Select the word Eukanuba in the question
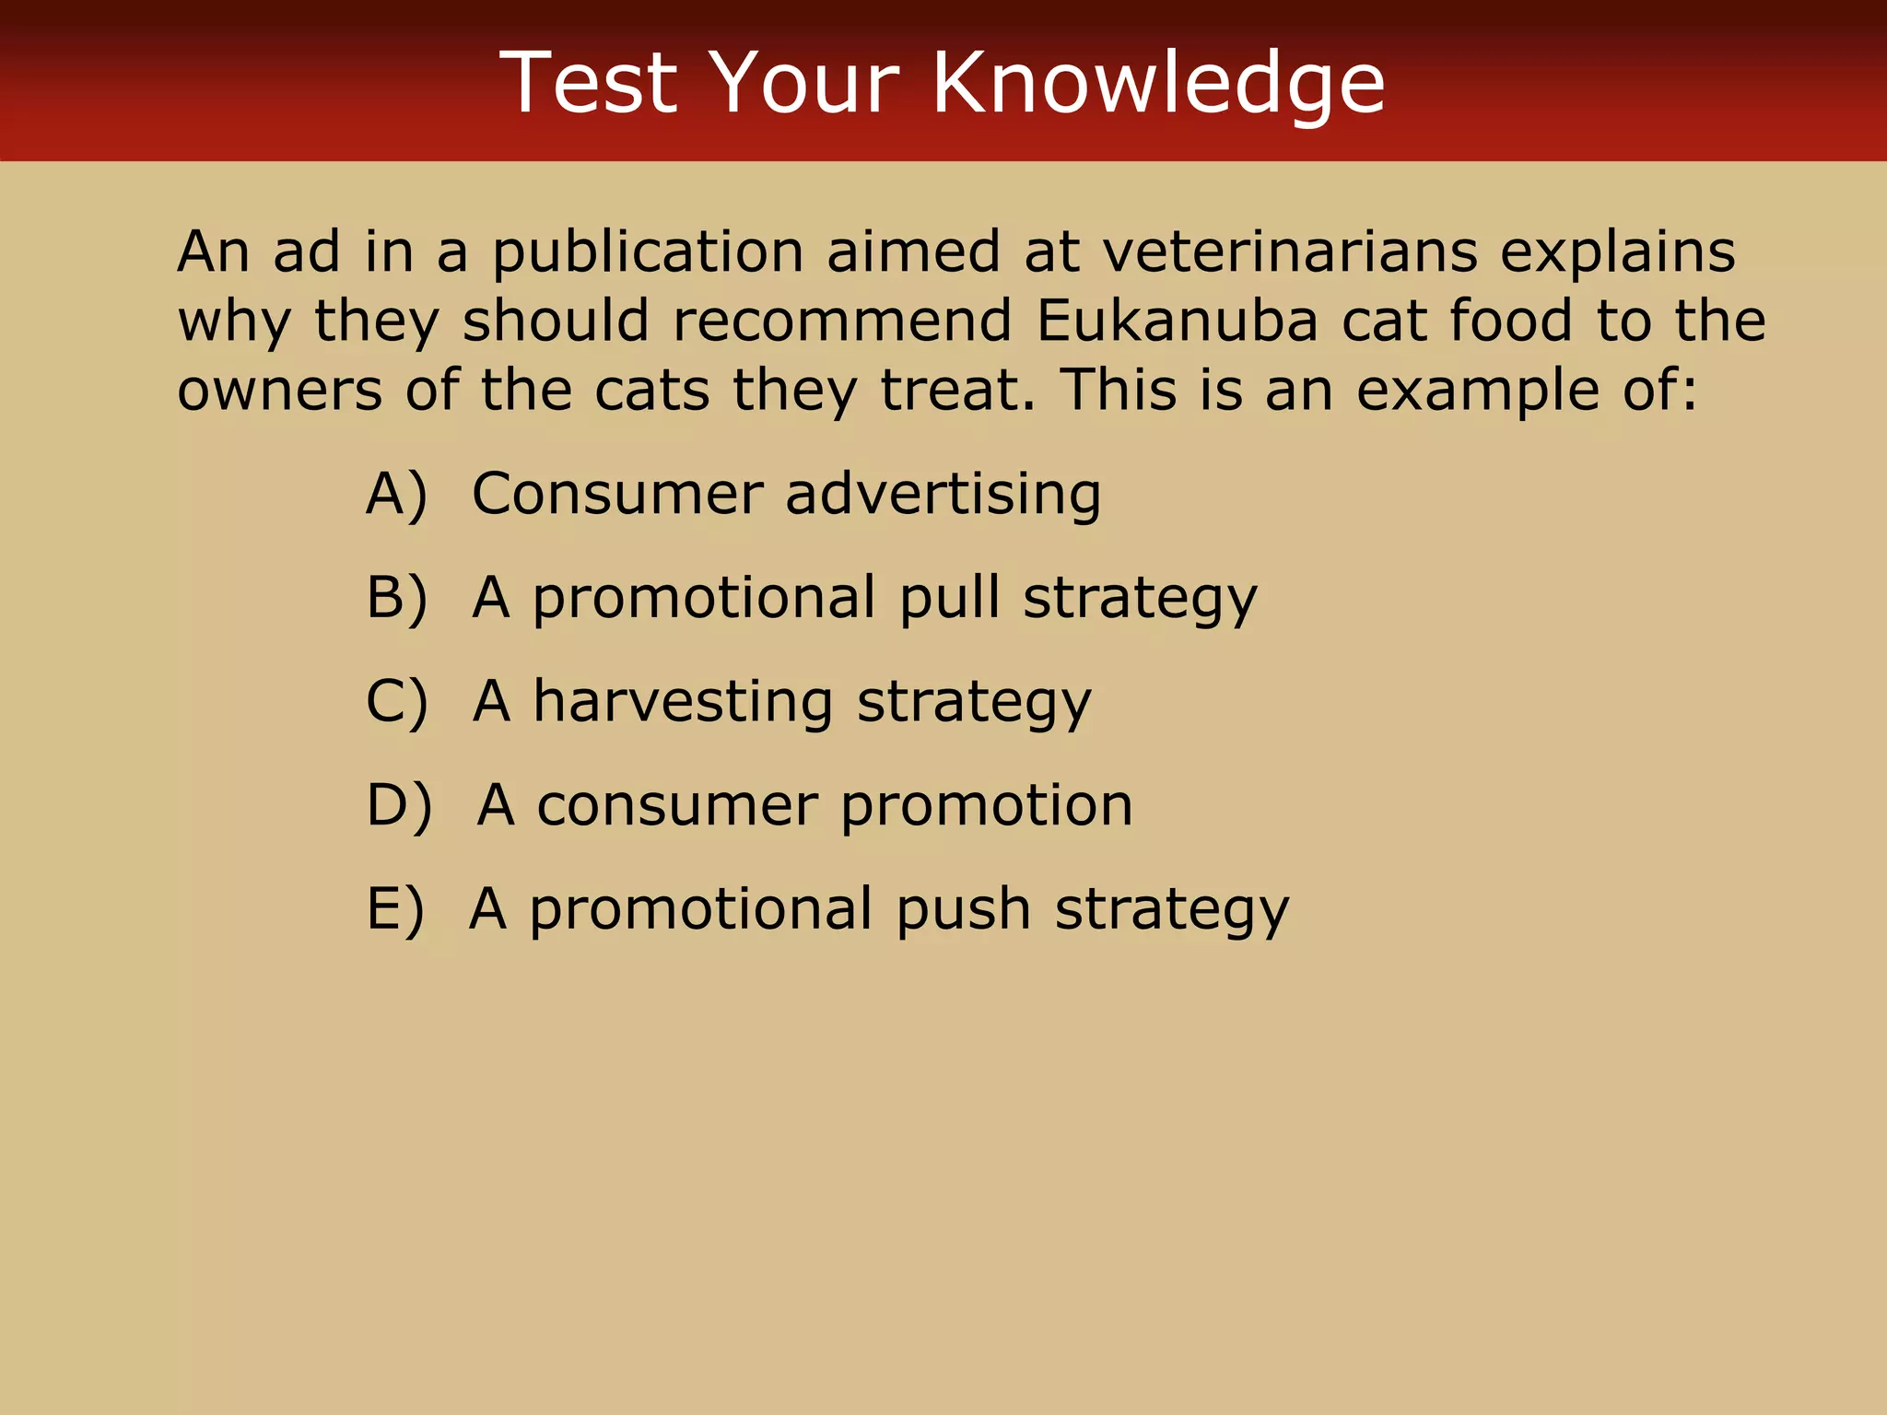click(1177, 321)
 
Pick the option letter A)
click(397, 494)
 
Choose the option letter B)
click(397, 598)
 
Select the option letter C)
click(397, 702)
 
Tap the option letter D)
click(399, 805)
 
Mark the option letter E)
click(395, 909)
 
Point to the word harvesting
click(683, 702)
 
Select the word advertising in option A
click(943, 494)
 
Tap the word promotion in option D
click(986, 805)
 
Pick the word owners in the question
click(279, 390)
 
